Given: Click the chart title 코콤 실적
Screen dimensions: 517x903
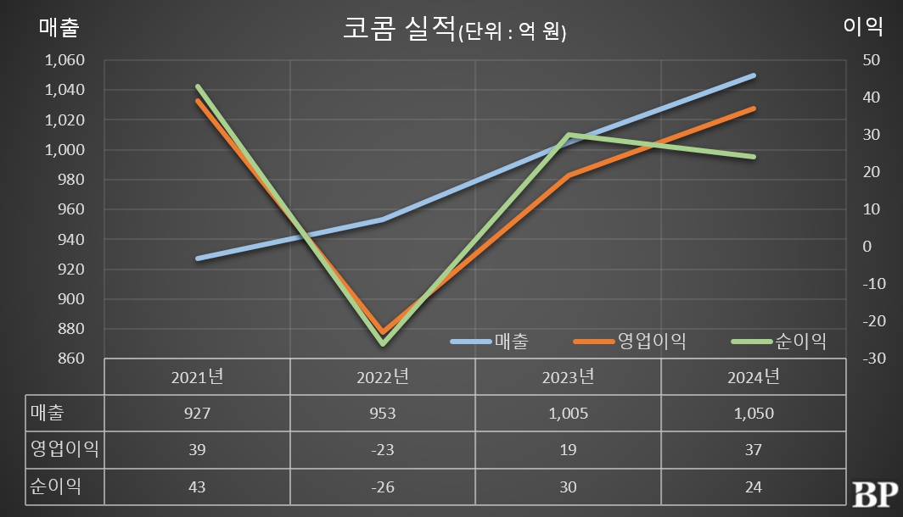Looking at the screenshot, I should click(x=399, y=30).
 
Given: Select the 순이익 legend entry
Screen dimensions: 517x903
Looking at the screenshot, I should click(x=778, y=342).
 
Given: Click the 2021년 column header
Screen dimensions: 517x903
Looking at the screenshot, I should click(x=197, y=375).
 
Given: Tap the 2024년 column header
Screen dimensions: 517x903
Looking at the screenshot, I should click(x=753, y=375).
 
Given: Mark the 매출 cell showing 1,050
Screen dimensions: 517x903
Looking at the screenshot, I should click(x=753, y=414).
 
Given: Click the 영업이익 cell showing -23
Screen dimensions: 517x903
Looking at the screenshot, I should click(x=382, y=450).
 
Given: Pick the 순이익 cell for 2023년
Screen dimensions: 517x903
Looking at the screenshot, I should click(x=568, y=487).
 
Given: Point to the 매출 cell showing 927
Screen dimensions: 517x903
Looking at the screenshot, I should click(x=197, y=414).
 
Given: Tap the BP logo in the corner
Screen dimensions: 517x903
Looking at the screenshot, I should click(x=873, y=495).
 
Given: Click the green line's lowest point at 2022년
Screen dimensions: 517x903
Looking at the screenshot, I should click(x=383, y=343).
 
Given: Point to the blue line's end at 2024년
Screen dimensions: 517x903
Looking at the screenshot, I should click(x=754, y=75).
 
